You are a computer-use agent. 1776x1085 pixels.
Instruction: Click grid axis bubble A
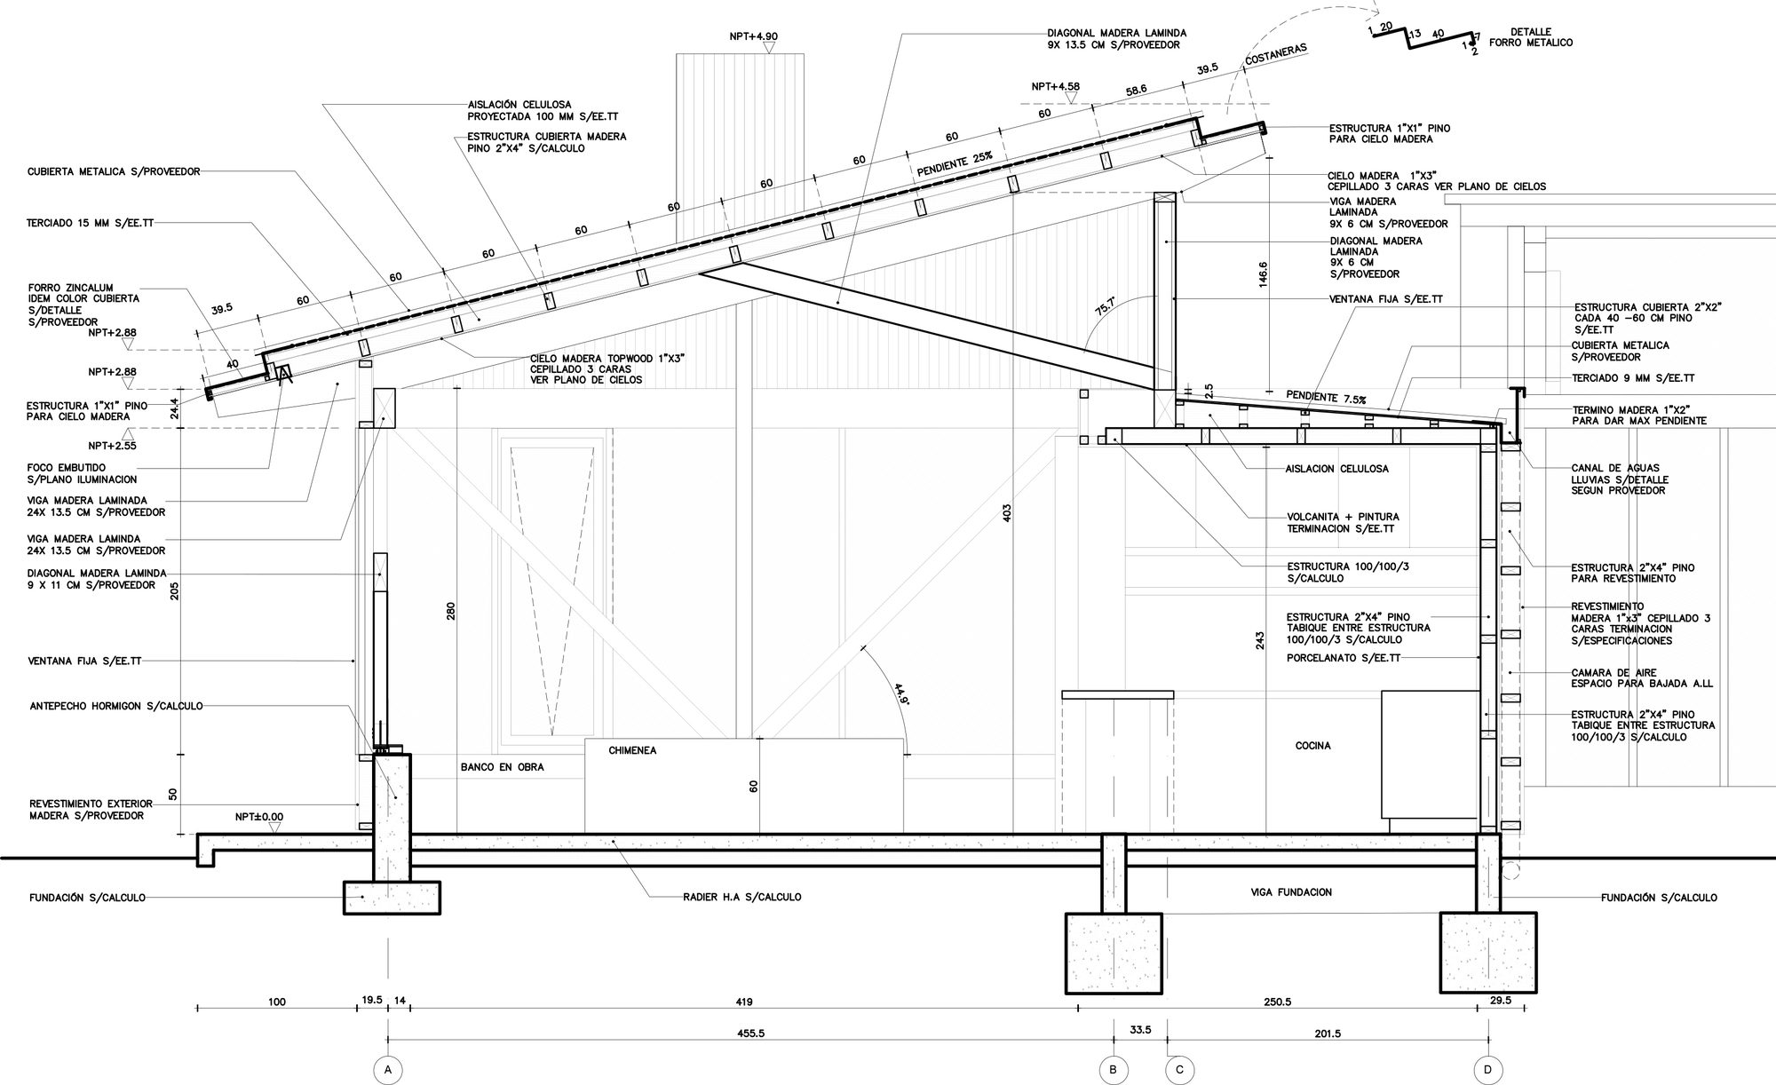(x=388, y=1070)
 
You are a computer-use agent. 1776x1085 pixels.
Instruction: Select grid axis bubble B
(x=1113, y=1070)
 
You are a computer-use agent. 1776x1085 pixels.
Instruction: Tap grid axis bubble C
(x=1179, y=1070)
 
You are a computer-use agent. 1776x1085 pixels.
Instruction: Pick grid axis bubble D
(x=1488, y=1070)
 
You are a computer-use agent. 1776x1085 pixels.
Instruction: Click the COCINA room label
(x=1312, y=746)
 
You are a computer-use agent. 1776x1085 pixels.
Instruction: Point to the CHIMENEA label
(x=632, y=750)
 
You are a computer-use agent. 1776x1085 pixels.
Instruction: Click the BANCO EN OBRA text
(x=502, y=767)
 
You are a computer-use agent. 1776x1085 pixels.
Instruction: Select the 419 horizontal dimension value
(x=744, y=1002)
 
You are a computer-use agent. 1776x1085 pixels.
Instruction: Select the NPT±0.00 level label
(x=259, y=816)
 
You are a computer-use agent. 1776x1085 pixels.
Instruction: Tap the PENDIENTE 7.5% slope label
(x=1326, y=397)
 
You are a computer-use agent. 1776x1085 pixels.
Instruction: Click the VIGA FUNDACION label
(x=1290, y=892)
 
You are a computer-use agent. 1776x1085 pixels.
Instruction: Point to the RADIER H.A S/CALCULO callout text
(x=742, y=897)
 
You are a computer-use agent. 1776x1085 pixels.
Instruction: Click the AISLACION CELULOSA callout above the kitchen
(x=1337, y=469)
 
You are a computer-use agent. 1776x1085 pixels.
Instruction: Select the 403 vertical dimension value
(x=1007, y=512)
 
